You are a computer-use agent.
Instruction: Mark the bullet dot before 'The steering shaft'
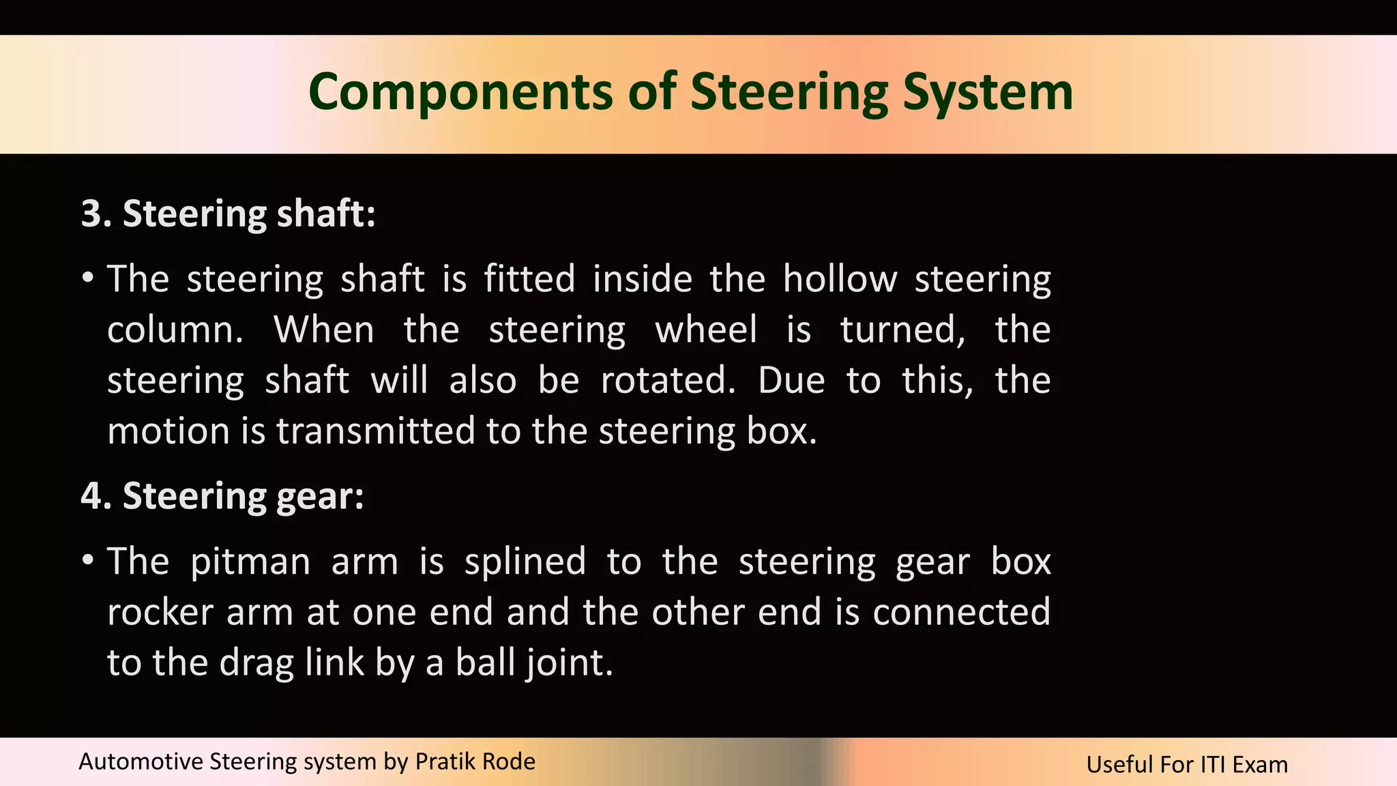[x=87, y=278]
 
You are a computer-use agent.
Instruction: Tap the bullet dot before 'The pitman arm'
[x=87, y=561]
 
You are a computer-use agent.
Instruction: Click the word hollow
[x=840, y=279]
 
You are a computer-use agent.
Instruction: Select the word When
[x=324, y=330]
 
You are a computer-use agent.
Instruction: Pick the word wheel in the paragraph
[x=706, y=330]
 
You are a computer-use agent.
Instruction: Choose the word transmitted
[x=375, y=431]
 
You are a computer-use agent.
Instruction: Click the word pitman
[x=250, y=562]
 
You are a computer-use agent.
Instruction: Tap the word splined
[x=525, y=562]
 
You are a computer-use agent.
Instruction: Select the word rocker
[x=160, y=612]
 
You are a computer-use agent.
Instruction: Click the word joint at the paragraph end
[x=568, y=663]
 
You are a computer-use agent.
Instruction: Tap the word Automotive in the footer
[x=141, y=761]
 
